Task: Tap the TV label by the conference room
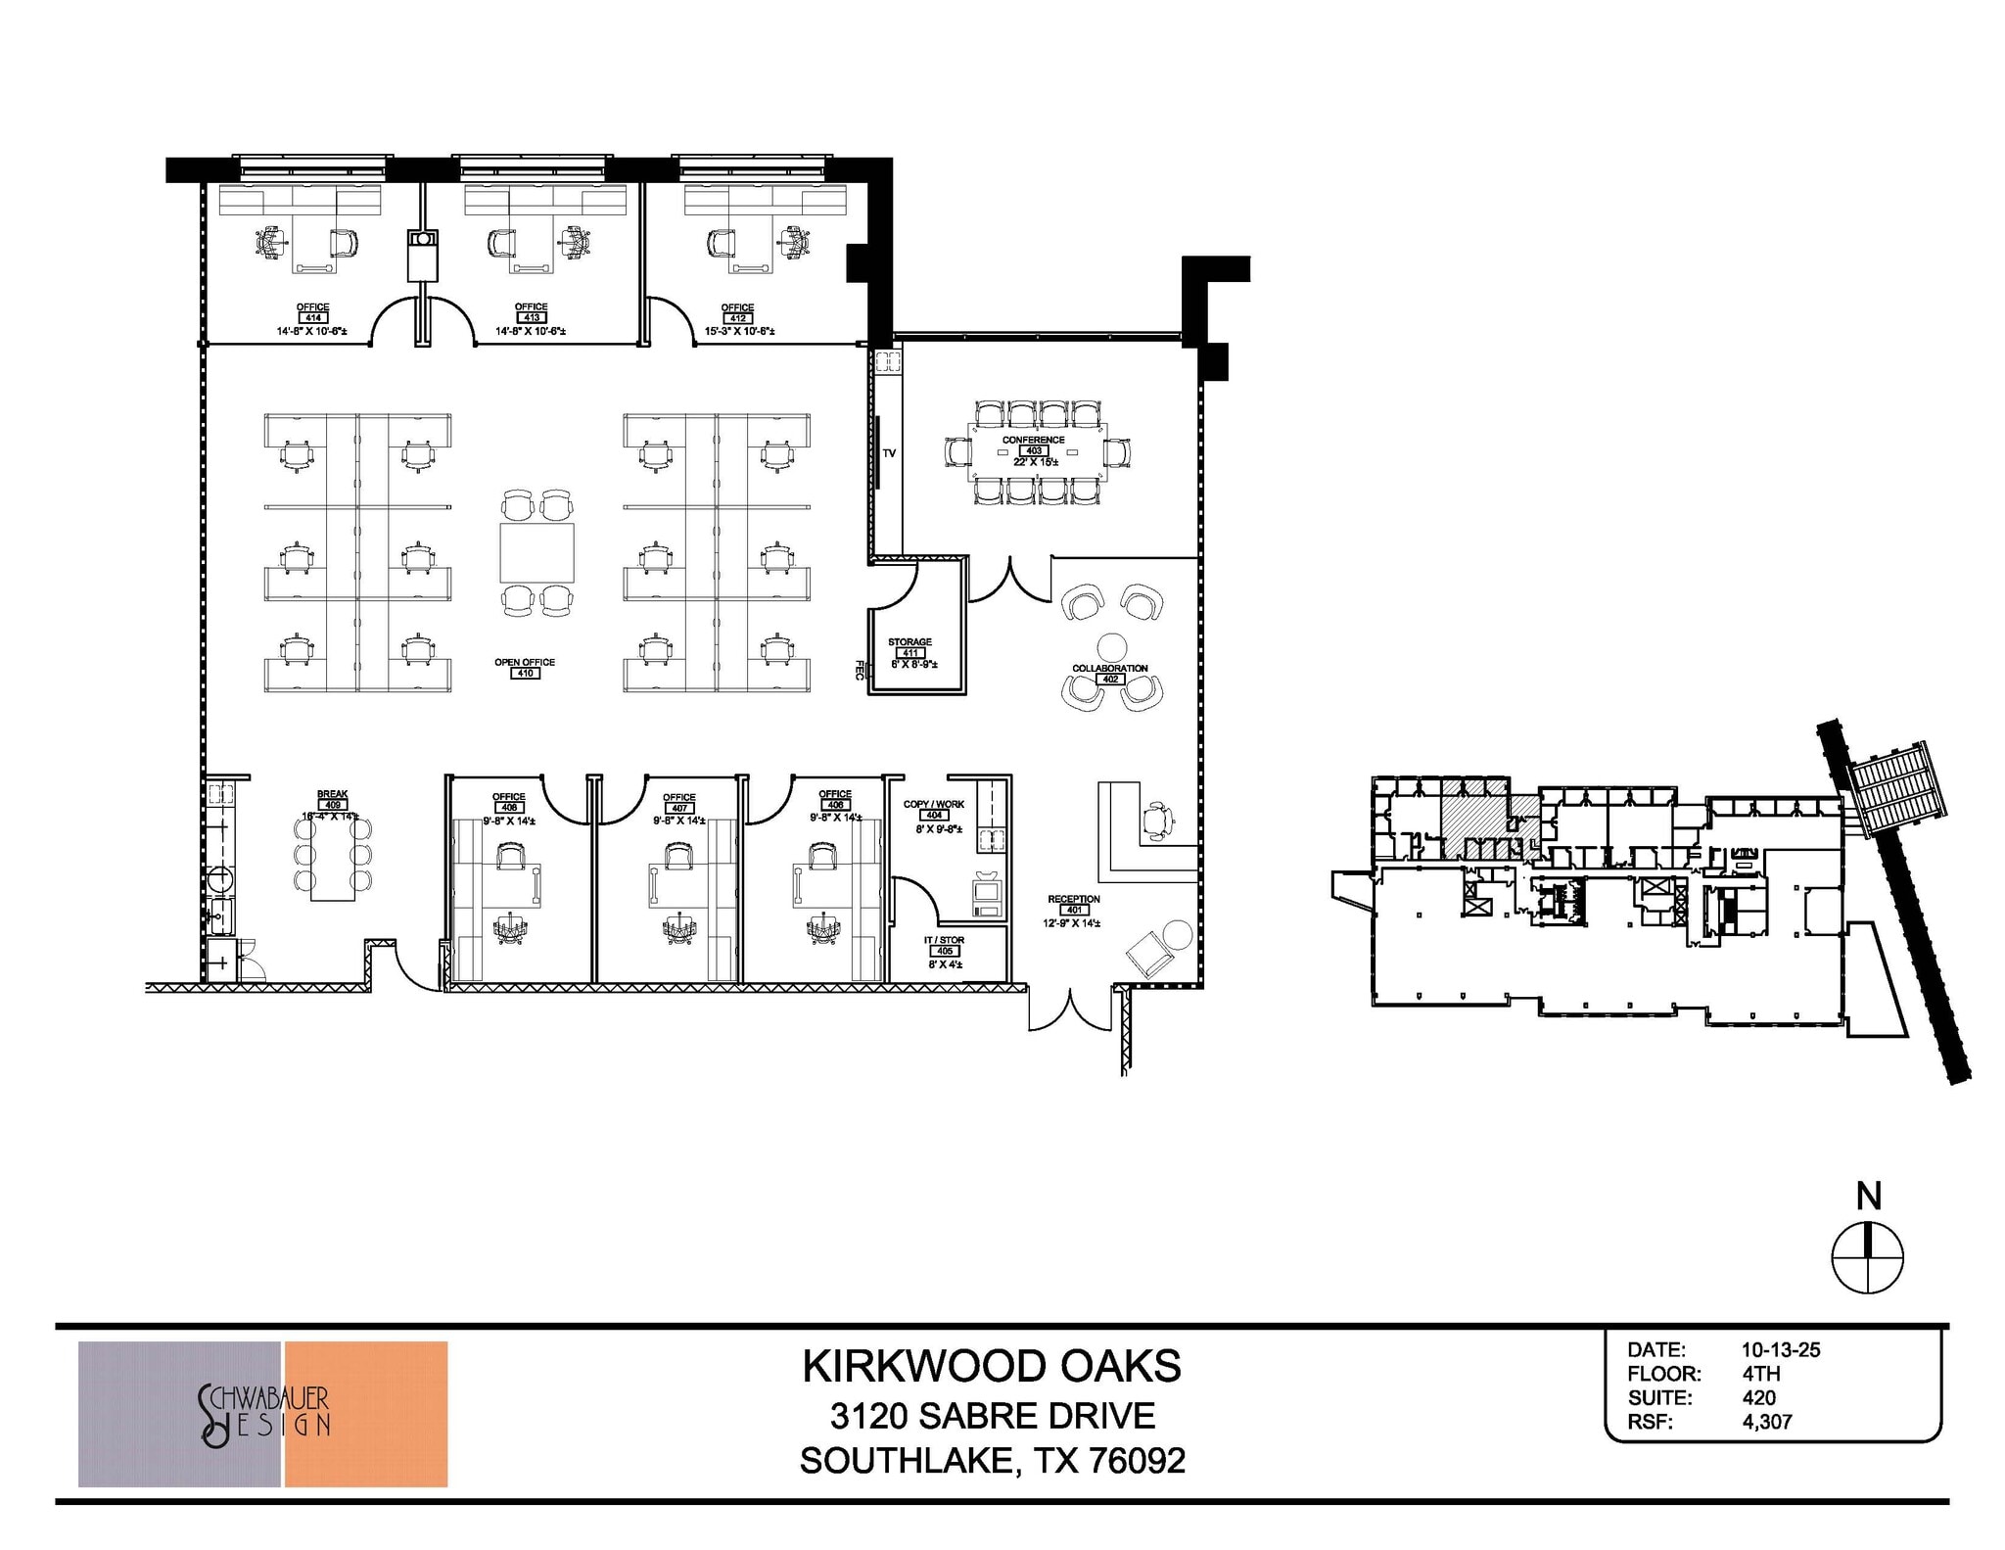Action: point(889,453)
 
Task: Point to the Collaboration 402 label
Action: point(1109,674)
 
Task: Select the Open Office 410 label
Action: point(525,668)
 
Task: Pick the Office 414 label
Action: point(312,312)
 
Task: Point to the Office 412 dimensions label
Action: point(739,331)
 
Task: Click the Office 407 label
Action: point(678,803)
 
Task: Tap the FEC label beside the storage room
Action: point(860,670)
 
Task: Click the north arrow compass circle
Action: point(1867,1257)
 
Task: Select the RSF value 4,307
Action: point(1766,1422)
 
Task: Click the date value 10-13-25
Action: point(1780,1349)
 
